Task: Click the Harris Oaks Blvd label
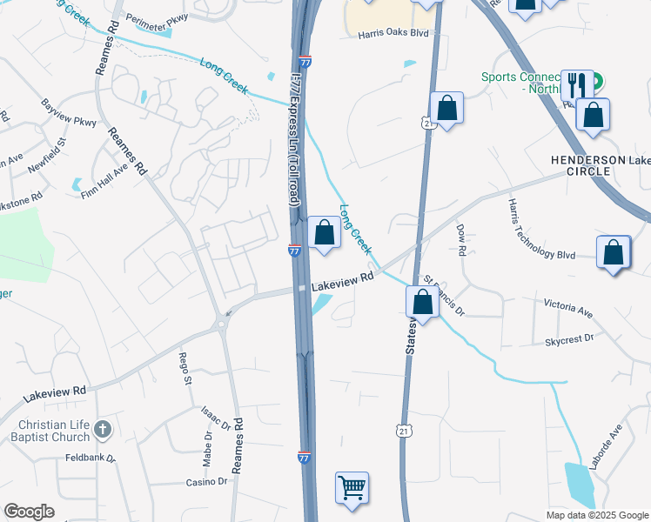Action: pos(394,34)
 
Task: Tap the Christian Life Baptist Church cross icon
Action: pos(103,429)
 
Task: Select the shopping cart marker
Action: pos(352,487)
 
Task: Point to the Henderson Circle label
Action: pos(588,165)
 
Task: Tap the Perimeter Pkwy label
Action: pos(157,17)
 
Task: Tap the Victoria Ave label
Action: pos(567,308)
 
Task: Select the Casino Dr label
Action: pos(205,481)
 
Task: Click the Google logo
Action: pos(29,512)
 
